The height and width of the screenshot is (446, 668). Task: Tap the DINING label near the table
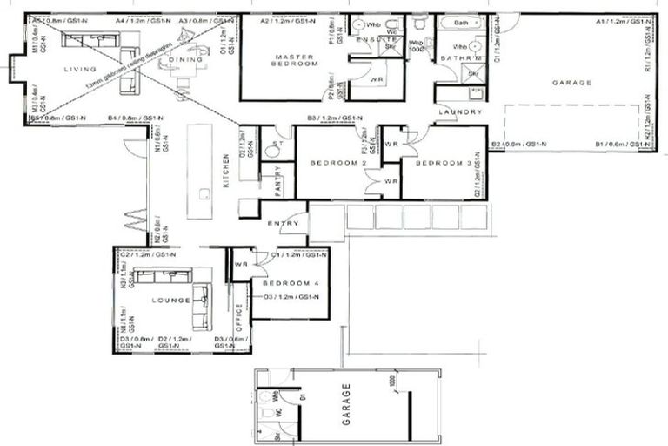coord(185,59)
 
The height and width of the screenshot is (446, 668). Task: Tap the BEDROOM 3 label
coord(442,163)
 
